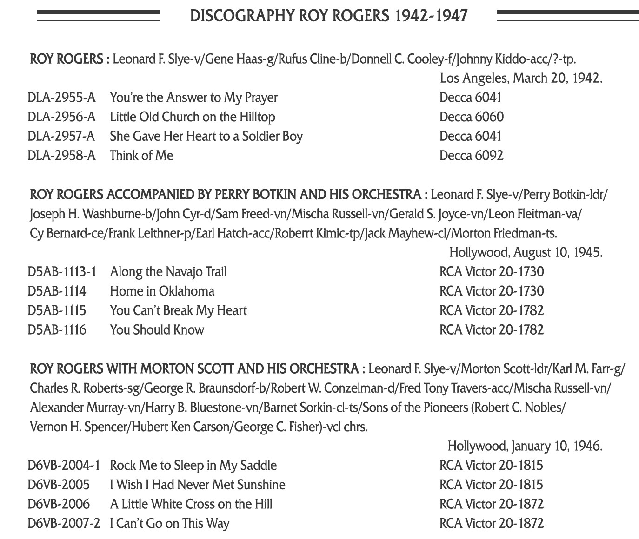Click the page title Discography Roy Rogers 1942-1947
click(328, 16)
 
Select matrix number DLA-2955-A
click(61, 98)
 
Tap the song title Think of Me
click(141, 156)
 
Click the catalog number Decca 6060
click(471, 117)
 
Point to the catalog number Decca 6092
click(471, 156)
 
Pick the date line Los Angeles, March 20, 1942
click(521, 78)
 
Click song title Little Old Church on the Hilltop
click(193, 117)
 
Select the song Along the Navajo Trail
click(168, 272)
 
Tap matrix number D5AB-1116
click(57, 330)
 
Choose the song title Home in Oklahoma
click(162, 291)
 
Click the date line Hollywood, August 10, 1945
click(526, 253)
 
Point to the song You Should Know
click(157, 330)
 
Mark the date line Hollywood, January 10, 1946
click(525, 447)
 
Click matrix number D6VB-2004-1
click(64, 466)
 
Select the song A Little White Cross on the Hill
click(191, 504)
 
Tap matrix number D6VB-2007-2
click(64, 524)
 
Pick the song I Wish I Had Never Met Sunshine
click(197, 485)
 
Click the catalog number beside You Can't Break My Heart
click(491, 311)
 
